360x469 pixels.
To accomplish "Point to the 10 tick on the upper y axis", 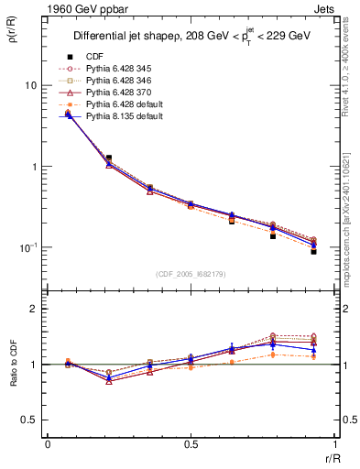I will pyautogui.click(x=31, y=85).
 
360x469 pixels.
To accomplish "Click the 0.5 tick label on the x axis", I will pyautogui.click(x=191, y=444).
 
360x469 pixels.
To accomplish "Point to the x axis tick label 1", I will pyautogui.click(x=333, y=444).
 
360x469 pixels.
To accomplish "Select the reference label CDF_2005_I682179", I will pyautogui.click(x=191, y=274).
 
